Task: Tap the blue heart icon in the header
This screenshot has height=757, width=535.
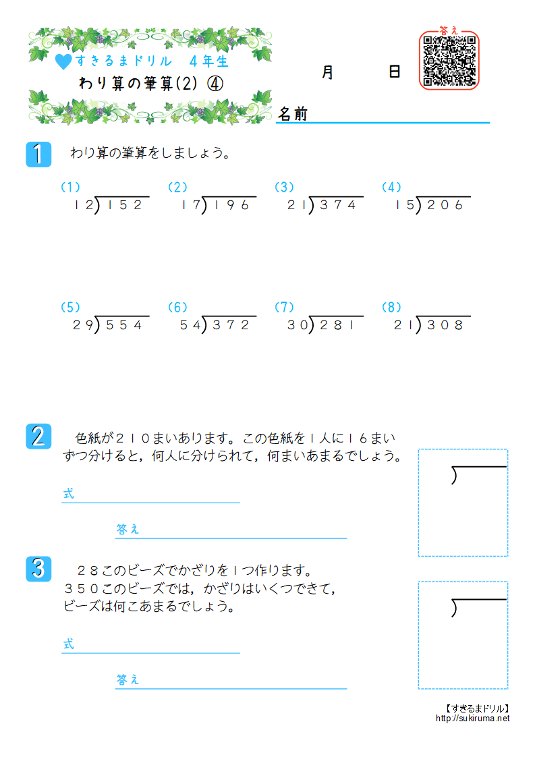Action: point(63,62)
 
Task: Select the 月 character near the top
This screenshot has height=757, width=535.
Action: point(328,72)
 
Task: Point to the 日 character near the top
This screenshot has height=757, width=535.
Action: point(395,72)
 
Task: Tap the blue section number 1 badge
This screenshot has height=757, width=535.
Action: point(38,154)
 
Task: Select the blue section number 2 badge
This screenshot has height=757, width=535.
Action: point(38,436)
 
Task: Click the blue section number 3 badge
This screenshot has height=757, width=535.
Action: point(38,568)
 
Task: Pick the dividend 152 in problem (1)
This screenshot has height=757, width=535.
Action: point(123,206)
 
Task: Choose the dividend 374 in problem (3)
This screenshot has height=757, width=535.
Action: point(337,206)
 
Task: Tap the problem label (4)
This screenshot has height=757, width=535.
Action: point(391,187)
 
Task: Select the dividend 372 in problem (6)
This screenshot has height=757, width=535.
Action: point(231,325)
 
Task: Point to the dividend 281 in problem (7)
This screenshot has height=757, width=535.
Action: point(337,325)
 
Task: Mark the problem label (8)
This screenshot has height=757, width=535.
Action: point(391,307)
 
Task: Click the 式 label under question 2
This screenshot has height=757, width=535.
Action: point(68,494)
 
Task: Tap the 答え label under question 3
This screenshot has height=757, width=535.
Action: point(128,679)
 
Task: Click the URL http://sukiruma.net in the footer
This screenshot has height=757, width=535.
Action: point(473,719)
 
